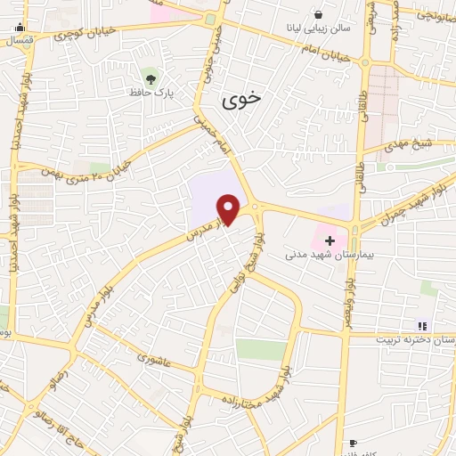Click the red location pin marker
click(229, 209)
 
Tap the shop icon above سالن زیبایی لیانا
click(318, 12)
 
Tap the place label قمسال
click(18, 41)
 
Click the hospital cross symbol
click(330, 240)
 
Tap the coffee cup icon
click(352, 443)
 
